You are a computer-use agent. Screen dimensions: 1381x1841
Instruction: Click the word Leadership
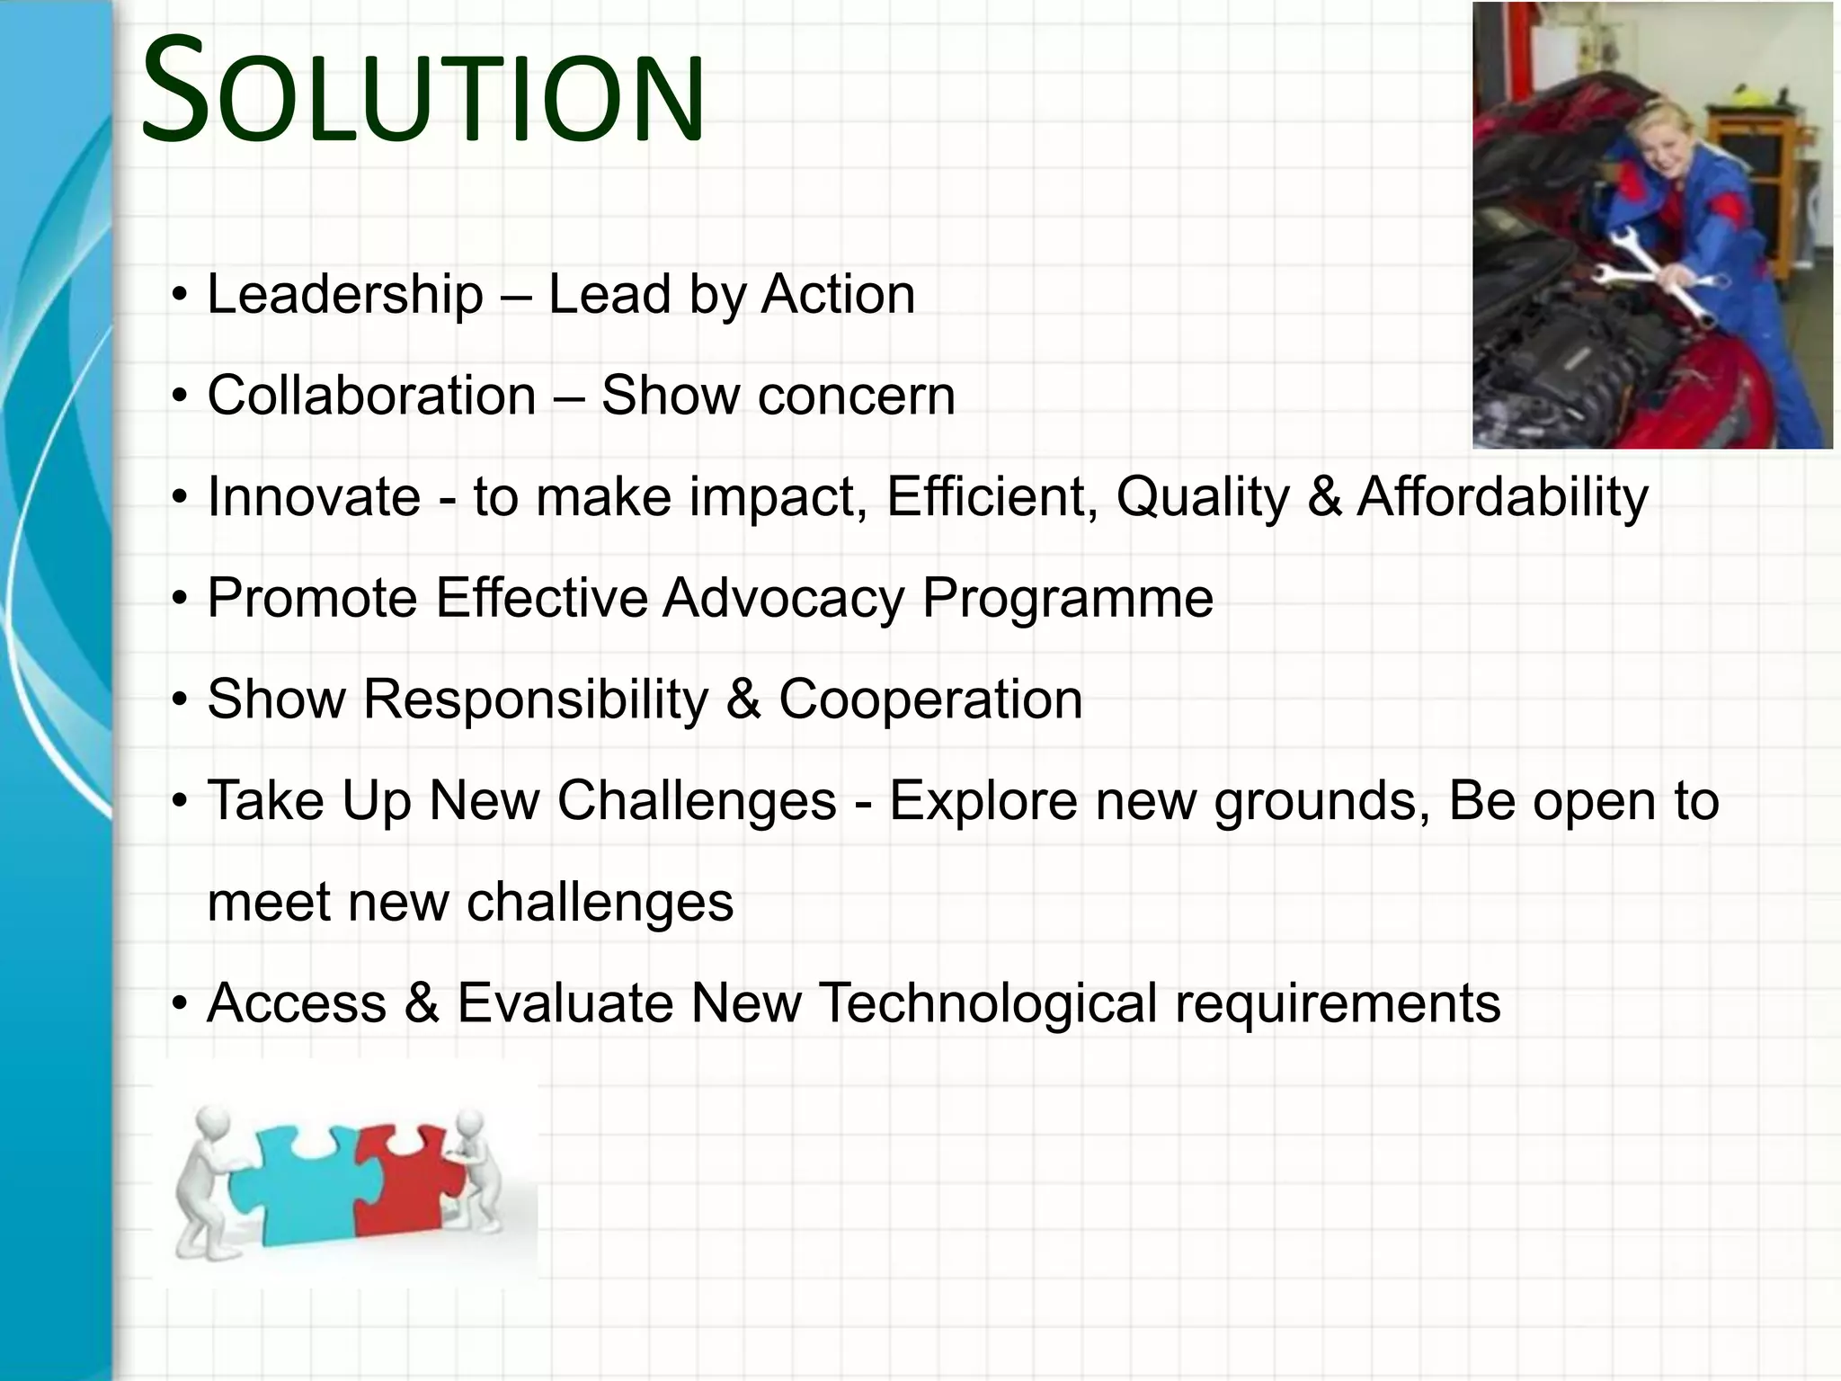tap(345, 295)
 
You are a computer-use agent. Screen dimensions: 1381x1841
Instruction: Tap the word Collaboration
tap(372, 396)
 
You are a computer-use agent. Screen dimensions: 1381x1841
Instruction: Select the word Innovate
tap(314, 497)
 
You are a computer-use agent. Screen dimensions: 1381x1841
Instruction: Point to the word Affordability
tap(1502, 497)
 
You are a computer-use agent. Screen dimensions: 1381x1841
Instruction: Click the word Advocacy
tap(784, 599)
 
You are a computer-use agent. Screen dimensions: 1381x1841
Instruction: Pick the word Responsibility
tap(536, 699)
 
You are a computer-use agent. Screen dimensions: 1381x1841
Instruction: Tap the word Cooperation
tap(930, 699)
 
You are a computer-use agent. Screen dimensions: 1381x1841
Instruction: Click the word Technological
tap(989, 1003)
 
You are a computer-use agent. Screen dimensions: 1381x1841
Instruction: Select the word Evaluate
tap(565, 1003)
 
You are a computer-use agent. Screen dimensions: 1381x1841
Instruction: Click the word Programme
tap(1068, 599)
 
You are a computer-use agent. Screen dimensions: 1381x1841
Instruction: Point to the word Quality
tap(1203, 497)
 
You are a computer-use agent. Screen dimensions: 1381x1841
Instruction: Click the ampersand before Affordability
tap(1324, 497)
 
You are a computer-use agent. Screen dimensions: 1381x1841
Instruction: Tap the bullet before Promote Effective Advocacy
tap(181, 599)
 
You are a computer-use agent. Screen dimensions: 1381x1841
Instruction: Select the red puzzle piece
tap(405, 1178)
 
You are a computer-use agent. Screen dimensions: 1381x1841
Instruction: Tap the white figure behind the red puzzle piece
tap(476, 1169)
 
